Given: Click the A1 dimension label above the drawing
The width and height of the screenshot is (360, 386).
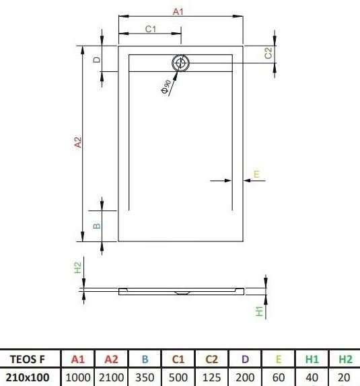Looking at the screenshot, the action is point(178,11).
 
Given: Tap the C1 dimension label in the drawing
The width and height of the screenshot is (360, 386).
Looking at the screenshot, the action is point(151,29).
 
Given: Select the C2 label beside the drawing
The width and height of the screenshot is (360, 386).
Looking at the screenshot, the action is point(268,53).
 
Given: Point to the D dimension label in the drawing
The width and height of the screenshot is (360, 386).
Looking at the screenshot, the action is point(97,60).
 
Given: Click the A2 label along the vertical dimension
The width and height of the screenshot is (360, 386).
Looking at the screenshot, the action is point(77,143).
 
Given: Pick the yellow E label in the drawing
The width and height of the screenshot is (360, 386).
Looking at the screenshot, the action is point(256,174).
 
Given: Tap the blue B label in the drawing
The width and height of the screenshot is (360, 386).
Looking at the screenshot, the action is point(97,226).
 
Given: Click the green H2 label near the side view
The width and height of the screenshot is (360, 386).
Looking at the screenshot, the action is point(77,268).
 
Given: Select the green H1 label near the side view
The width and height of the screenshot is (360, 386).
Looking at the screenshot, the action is point(260,311).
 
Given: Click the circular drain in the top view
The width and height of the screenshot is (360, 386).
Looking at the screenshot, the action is point(180,63).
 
